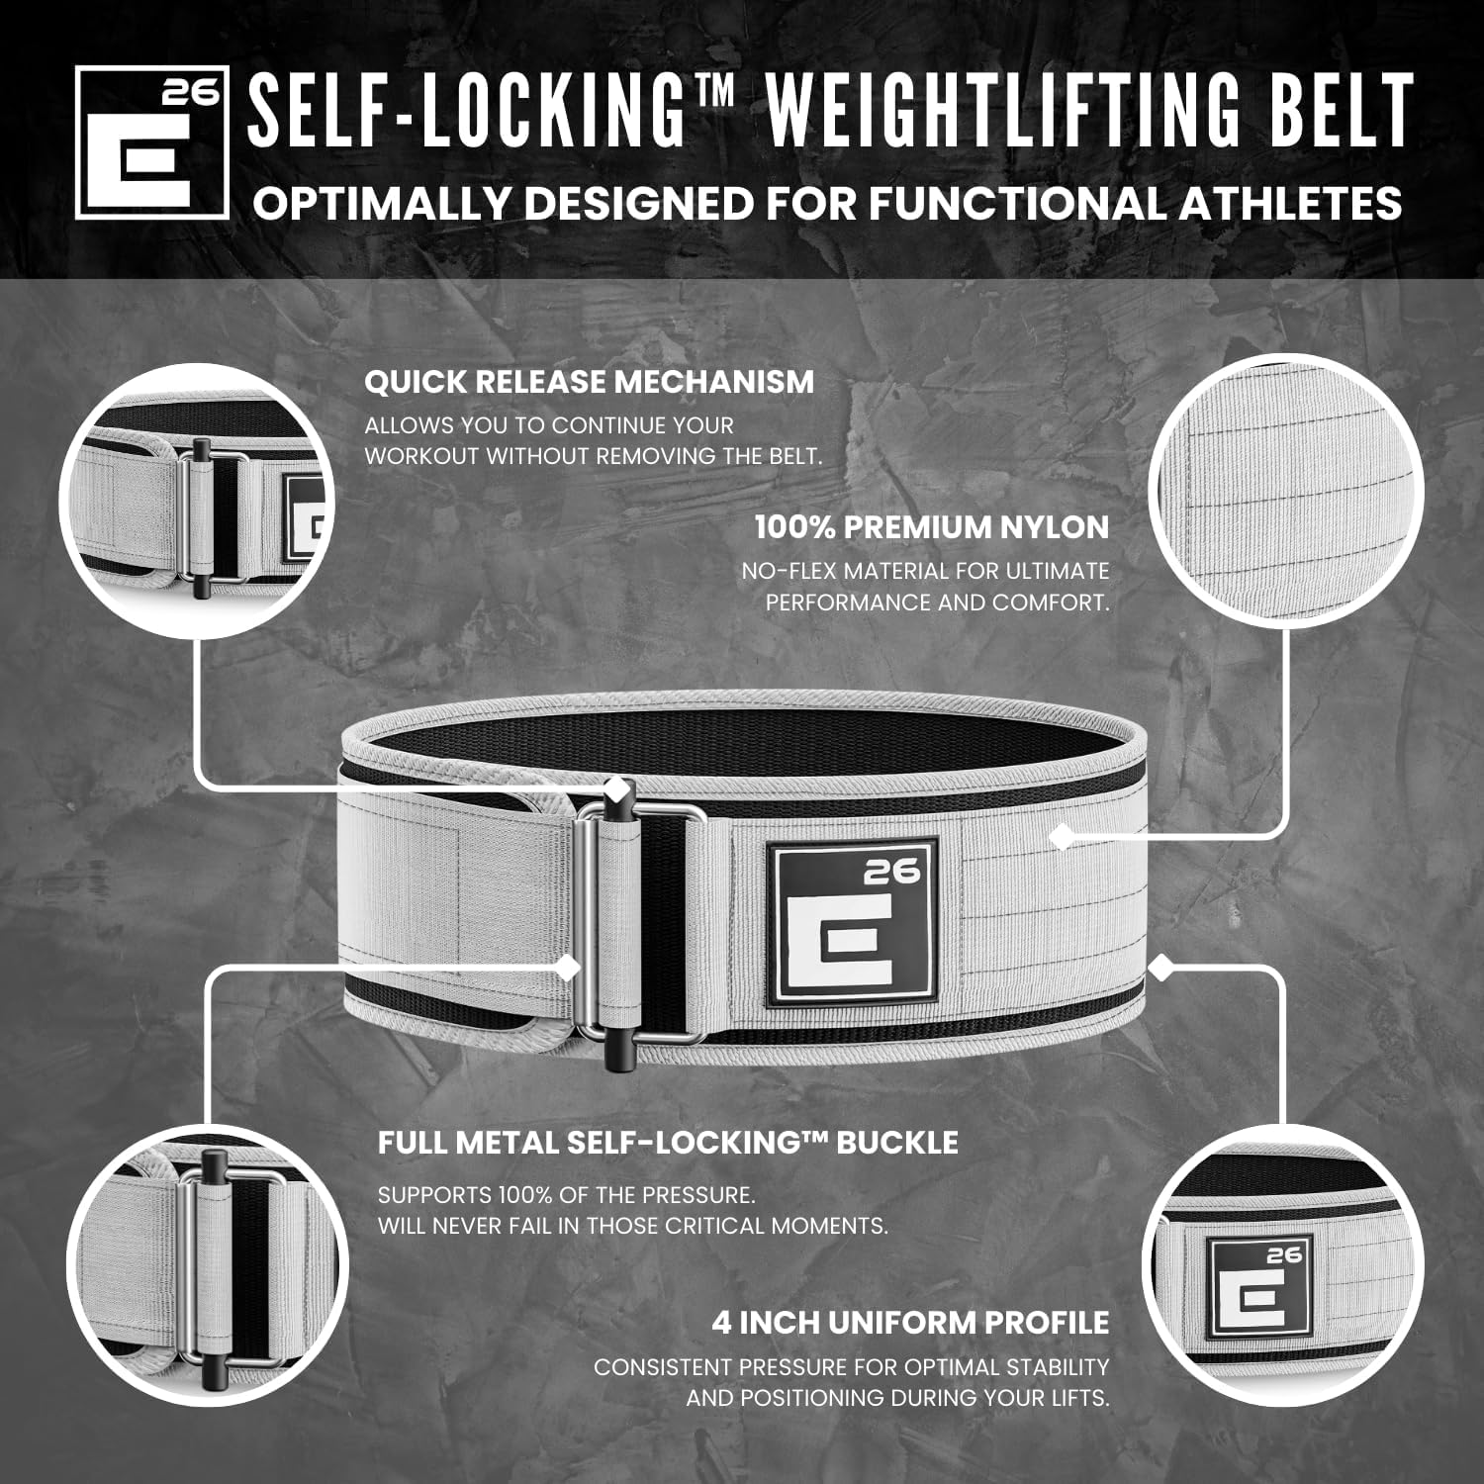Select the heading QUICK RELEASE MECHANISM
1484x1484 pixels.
pyautogui.click(x=589, y=382)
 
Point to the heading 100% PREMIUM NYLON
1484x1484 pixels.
pyautogui.click(x=931, y=527)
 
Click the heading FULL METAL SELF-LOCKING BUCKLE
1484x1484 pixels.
pyautogui.click(x=668, y=1143)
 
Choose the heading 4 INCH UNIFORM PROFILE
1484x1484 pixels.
pyautogui.click(x=910, y=1323)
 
